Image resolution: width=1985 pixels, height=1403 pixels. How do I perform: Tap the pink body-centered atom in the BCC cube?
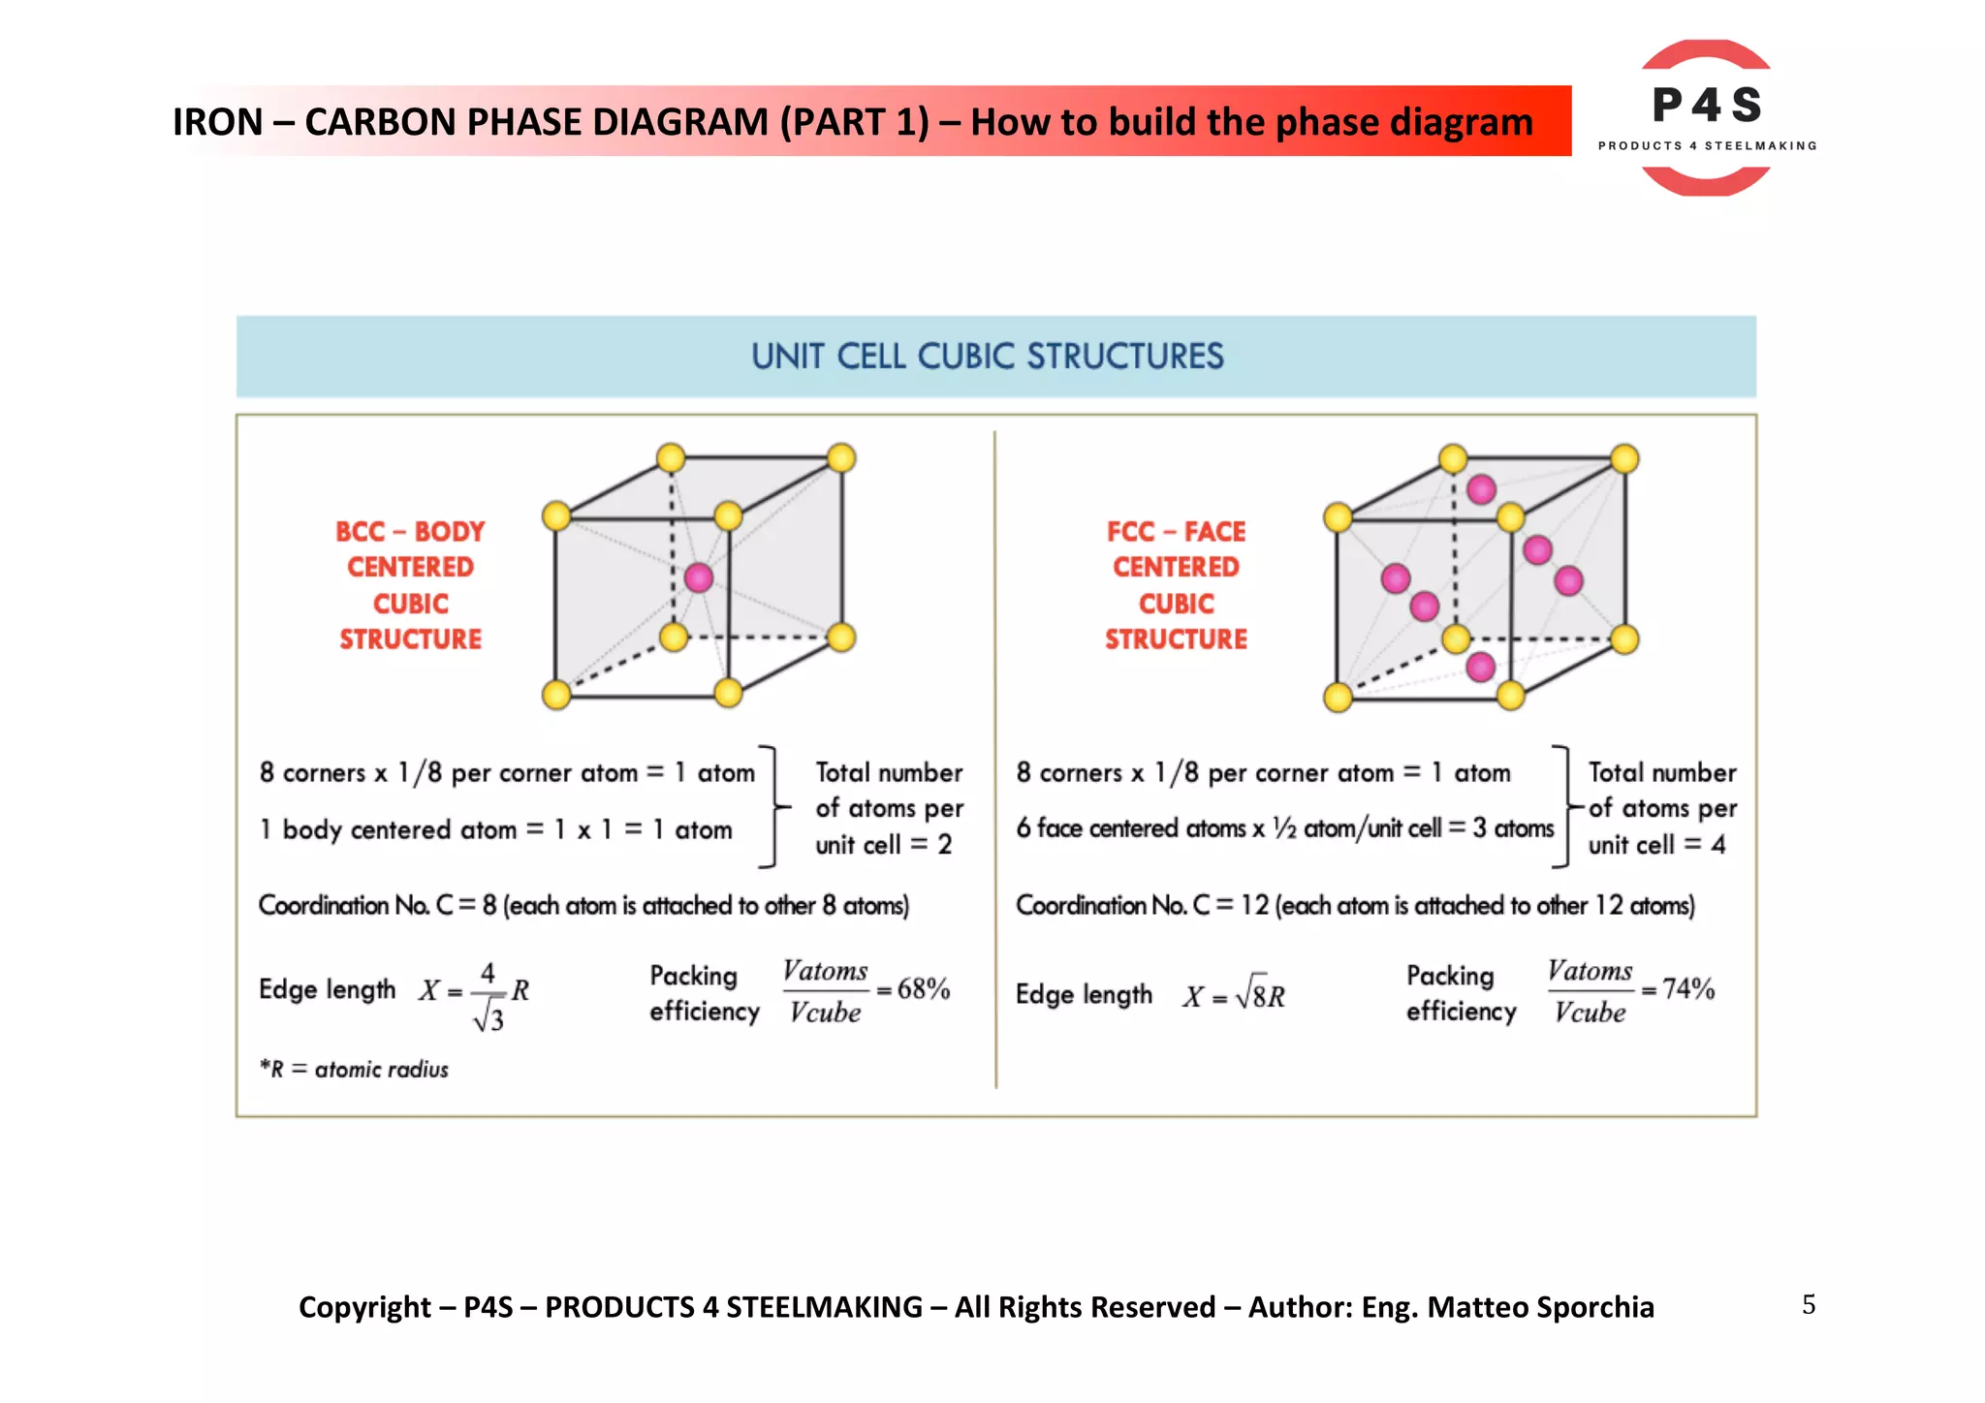pos(699,578)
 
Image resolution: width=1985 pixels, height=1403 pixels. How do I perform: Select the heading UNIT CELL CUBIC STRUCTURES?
pos(988,357)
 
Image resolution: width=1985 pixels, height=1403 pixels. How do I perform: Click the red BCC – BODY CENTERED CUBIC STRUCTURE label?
pos(410,585)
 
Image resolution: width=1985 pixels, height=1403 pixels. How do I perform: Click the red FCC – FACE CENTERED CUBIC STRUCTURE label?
pos(1176,585)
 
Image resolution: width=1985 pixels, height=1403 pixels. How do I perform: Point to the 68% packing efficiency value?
pos(923,989)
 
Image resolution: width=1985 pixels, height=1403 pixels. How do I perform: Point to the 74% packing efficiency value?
pos(1688,989)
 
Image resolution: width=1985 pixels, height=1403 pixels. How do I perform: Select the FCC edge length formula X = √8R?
pos(1234,996)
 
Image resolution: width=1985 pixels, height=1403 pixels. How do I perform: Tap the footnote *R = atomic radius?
pos(354,1070)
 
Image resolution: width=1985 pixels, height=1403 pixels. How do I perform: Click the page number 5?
pos(1809,1305)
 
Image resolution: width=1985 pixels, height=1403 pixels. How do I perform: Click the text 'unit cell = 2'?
pos(883,845)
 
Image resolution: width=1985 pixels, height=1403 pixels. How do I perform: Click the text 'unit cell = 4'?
pos(1656,845)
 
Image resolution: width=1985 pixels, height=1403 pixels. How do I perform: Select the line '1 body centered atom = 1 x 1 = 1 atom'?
pos(496,830)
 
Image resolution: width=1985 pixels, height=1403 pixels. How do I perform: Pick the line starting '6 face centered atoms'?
pos(1284,828)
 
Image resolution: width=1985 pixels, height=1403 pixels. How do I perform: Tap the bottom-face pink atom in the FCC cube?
pos(1480,667)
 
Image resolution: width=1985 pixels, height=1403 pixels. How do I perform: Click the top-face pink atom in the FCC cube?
pos(1481,489)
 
